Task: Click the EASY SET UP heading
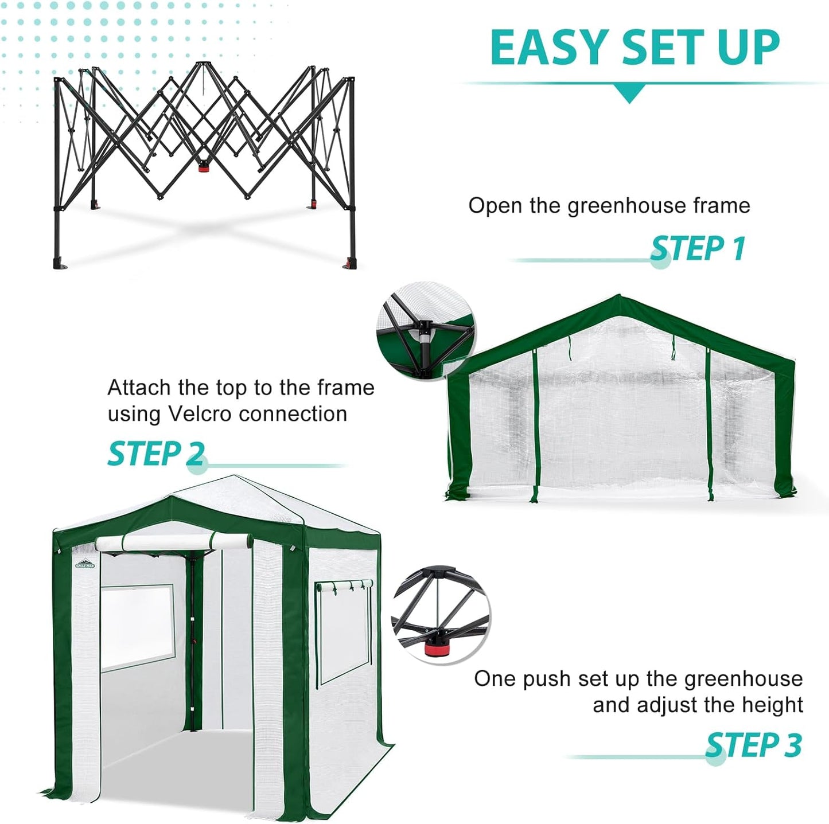pyautogui.click(x=635, y=47)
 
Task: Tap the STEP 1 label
pyautogui.click(x=698, y=248)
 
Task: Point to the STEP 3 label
pyautogui.click(x=753, y=745)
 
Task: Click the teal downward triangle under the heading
pyautogui.click(x=629, y=93)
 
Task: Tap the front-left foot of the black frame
pyautogui.click(x=60, y=264)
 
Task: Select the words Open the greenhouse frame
pyautogui.click(x=609, y=205)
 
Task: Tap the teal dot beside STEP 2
pyautogui.click(x=197, y=465)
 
